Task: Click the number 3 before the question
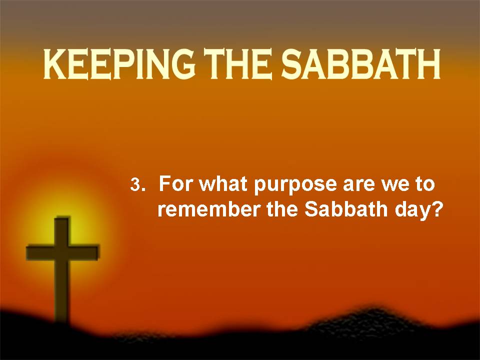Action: click(x=134, y=185)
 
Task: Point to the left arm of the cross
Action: click(x=40, y=252)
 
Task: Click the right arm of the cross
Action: click(x=84, y=252)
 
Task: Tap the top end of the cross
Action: click(x=62, y=218)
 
